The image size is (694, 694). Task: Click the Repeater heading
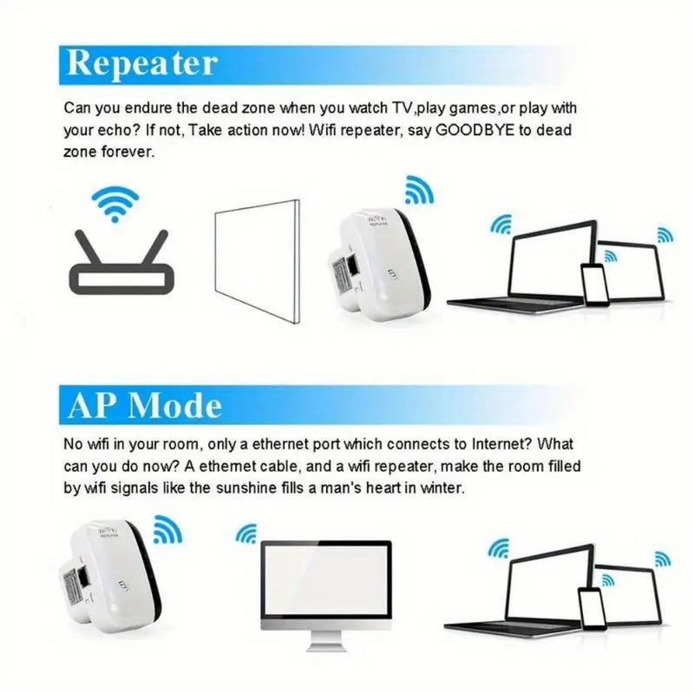click(141, 62)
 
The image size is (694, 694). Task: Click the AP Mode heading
click(144, 404)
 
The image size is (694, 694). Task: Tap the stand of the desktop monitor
click(325, 640)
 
